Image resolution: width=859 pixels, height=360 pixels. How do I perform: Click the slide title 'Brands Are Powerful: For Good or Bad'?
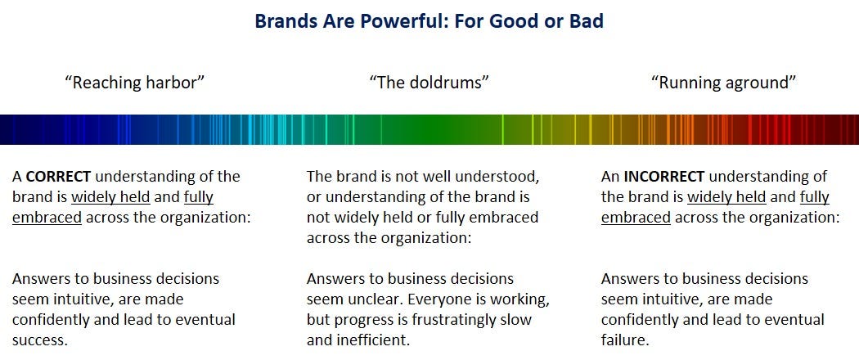pyautogui.click(x=429, y=20)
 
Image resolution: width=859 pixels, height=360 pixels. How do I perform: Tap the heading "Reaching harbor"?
pyautogui.click(x=134, y=83)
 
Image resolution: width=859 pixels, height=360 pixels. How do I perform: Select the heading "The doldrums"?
pyautogui.click(x=429, y=83)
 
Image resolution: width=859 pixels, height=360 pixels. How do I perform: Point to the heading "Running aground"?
pyautogui.click(x=724, y=83)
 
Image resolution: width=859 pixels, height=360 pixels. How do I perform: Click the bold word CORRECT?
pyautogui.click(x=59, y=177)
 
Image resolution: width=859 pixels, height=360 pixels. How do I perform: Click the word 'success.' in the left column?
pyautogui.click(x=40, y=340)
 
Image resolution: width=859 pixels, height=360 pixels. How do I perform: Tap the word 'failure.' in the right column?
pyautogui.click(x=625, y=340)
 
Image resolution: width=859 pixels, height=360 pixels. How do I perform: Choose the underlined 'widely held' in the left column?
pyautogui.click(x=110, y=197)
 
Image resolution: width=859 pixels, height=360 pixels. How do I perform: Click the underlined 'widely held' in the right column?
pyautogui.click(x=726, y=197)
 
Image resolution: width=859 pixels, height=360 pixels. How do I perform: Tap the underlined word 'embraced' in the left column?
pyautogui.click(x=47, y=218)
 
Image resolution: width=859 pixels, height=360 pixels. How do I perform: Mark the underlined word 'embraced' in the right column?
pyautogui.click(x=636, y=218)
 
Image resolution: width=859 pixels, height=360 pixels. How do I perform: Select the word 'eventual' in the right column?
pyautogui.click(x=797, y=319)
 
